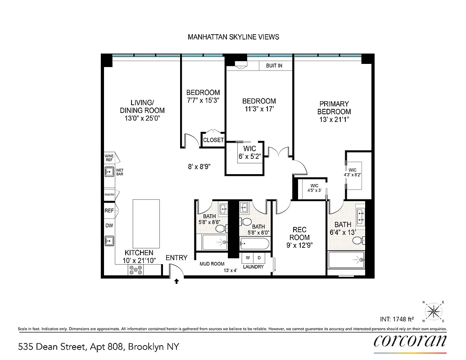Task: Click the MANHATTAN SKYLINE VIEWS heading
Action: pos(233,37)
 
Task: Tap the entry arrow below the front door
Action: pos(176,281)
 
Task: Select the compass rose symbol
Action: pos(433,310)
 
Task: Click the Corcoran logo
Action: pos(410,340)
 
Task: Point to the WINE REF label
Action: pos(109,157)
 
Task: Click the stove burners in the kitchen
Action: pos(136,270)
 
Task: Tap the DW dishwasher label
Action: pos(109,225)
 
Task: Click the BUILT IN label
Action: pos(274,66)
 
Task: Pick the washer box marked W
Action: pos(248,258)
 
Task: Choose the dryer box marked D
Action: pos(259,258)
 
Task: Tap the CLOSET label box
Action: pos(213,140)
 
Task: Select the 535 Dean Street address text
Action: pos(99,347)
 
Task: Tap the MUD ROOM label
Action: pos(212,264)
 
